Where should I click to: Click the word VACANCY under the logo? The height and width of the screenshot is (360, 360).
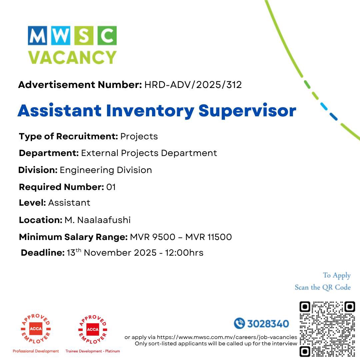click(x=72, y=57)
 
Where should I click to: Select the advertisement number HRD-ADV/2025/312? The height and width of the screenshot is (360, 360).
click(x=193, y=85)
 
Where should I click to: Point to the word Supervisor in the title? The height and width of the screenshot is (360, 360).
click(x=247, y=111)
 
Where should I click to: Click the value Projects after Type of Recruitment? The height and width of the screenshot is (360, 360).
click(x=139, y=136)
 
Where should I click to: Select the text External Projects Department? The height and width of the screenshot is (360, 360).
click(x=149, y=153)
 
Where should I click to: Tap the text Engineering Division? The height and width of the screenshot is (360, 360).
click(x=106, y=170)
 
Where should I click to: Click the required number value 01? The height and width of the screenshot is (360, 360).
click(x=111, y=187)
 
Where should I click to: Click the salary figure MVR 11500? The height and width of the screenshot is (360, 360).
click(x=208, y=237)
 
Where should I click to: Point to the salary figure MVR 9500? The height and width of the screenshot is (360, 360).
click(x=153, y=237)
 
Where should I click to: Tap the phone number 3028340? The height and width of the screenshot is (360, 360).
click(x=268, y=323)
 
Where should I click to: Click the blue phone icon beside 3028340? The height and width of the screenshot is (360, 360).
click(x=239, y=323)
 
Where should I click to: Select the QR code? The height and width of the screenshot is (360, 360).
click(x=327, y=329)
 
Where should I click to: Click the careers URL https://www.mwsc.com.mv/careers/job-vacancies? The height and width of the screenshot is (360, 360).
click(x=227, y=337)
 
